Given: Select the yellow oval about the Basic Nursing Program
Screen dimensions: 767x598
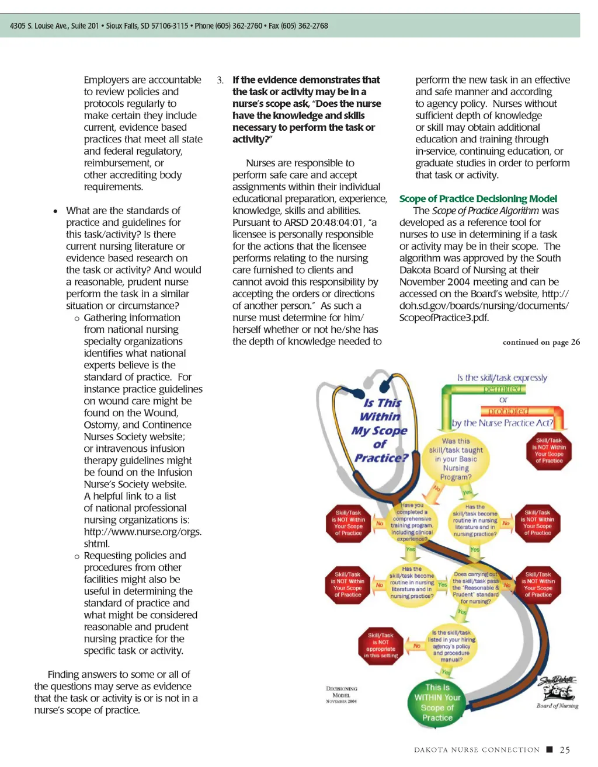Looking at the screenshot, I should click(456, 459).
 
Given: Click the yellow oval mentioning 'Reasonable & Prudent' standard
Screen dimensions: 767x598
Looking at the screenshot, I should click(475, 587).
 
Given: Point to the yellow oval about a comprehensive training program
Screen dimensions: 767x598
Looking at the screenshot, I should click(412, 522).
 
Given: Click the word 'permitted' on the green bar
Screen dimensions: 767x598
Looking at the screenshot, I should click(503, 389).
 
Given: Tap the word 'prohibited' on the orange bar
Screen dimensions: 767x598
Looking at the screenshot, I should click(508, 411).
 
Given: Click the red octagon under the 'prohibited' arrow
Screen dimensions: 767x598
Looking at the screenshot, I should click(548, 451).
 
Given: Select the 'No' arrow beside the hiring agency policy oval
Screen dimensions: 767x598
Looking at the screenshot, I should click(417, 646).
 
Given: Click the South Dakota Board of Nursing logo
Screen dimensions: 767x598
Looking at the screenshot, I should click(558, 692).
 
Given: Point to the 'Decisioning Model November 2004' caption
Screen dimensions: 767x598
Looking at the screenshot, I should click(342, 695).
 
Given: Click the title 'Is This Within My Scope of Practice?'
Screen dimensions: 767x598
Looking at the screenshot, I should click(380, 430).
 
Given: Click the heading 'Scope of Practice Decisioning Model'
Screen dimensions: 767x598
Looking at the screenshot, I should click(478, 199).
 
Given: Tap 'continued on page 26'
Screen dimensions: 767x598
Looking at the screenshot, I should click(541, 342).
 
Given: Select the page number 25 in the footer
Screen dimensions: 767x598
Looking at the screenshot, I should click(565, 750).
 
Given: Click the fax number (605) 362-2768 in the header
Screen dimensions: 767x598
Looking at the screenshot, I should click(307, 26).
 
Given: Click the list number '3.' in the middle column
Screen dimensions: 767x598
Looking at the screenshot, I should click(220, 80).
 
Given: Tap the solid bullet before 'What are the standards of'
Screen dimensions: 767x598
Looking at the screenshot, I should click(55, 211).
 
